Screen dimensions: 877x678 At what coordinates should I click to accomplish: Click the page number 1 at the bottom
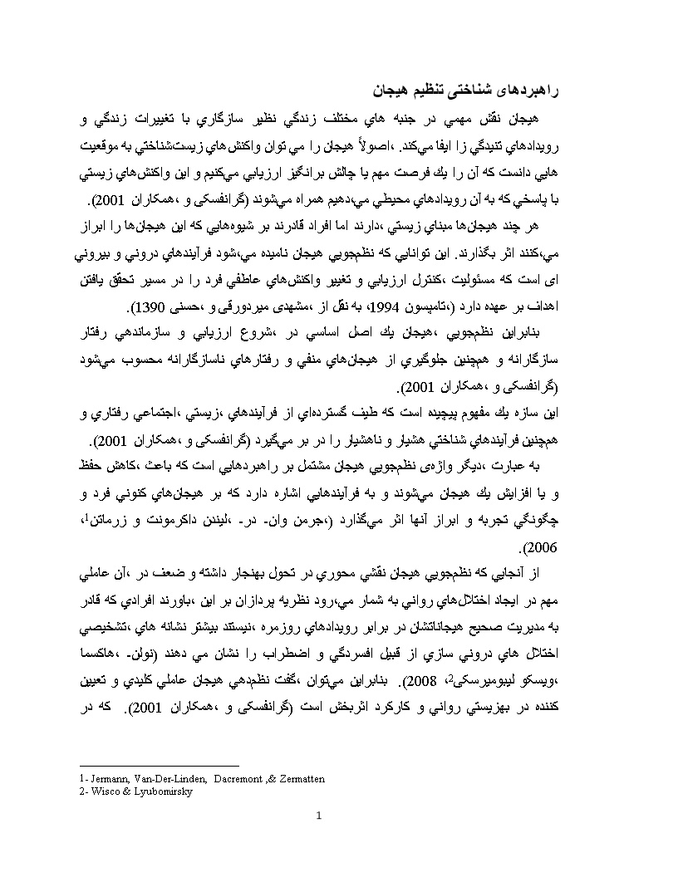(319, 815)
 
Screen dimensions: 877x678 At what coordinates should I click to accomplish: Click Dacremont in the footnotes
(234, 779)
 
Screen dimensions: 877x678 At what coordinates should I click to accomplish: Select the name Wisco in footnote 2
(103, 791)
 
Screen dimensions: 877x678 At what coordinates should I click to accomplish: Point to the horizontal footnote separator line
(158, 766)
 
